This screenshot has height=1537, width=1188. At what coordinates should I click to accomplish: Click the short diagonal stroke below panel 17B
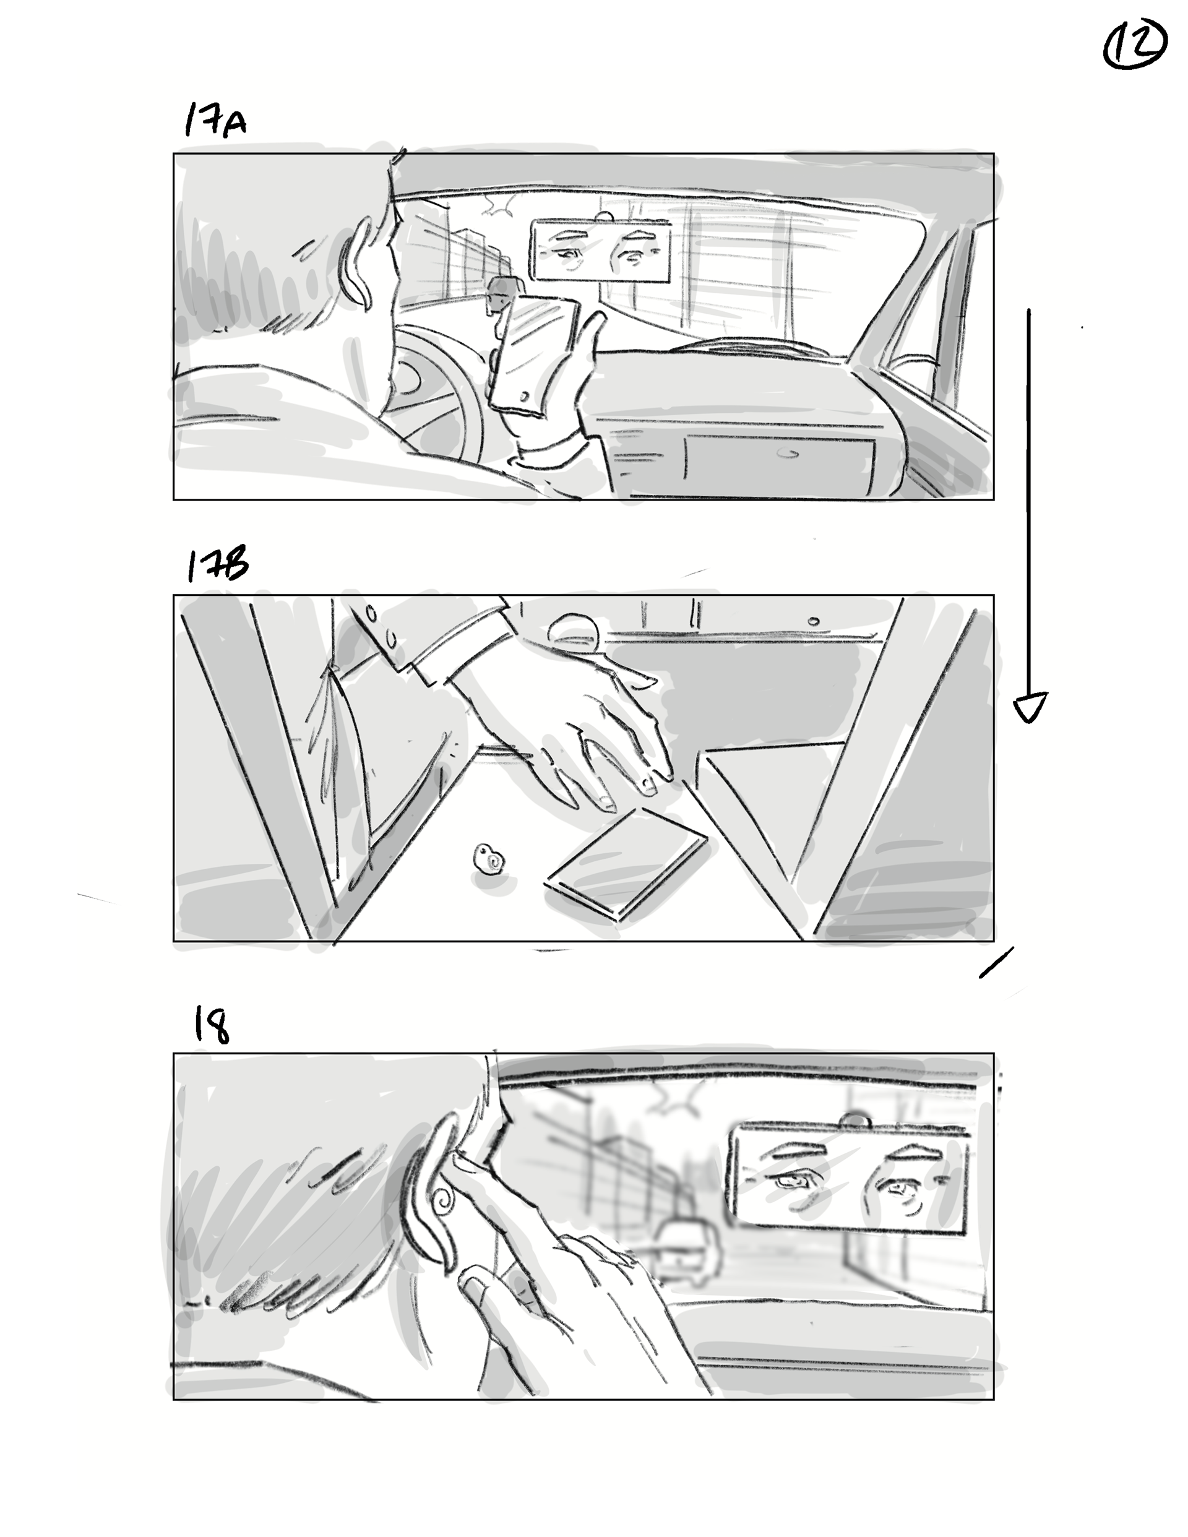(x=997, y=962)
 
